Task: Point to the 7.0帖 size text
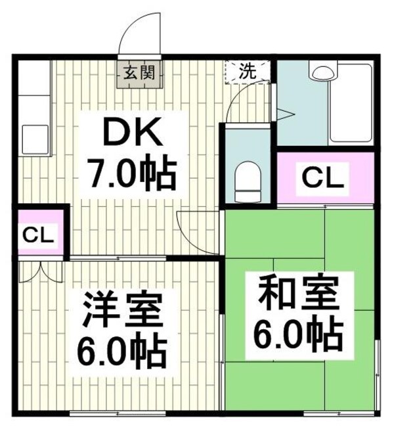point(131,174)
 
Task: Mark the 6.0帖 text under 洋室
point(120,352)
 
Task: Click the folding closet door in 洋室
point(34,271)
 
